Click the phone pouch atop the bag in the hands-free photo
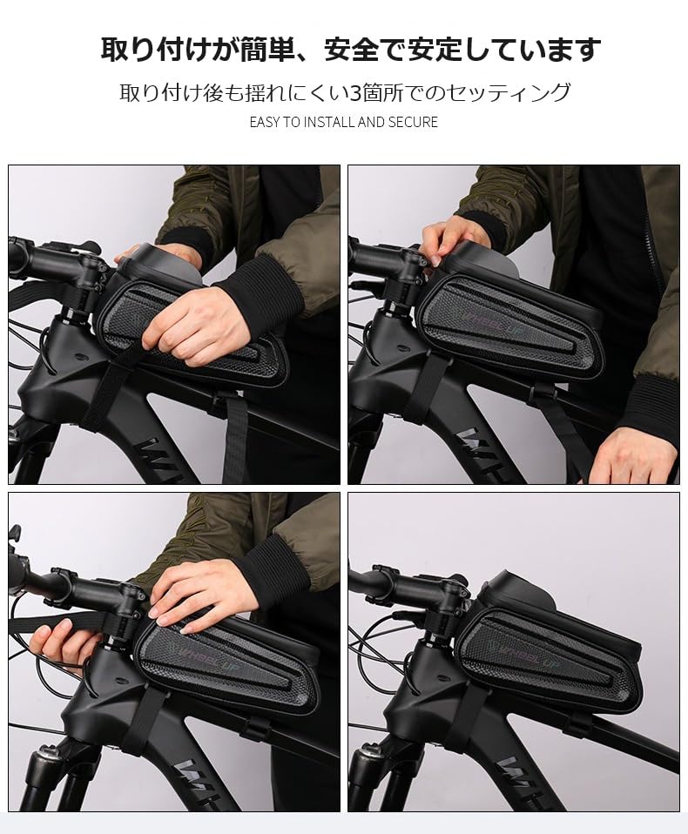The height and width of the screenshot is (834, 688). pos(523,592)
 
